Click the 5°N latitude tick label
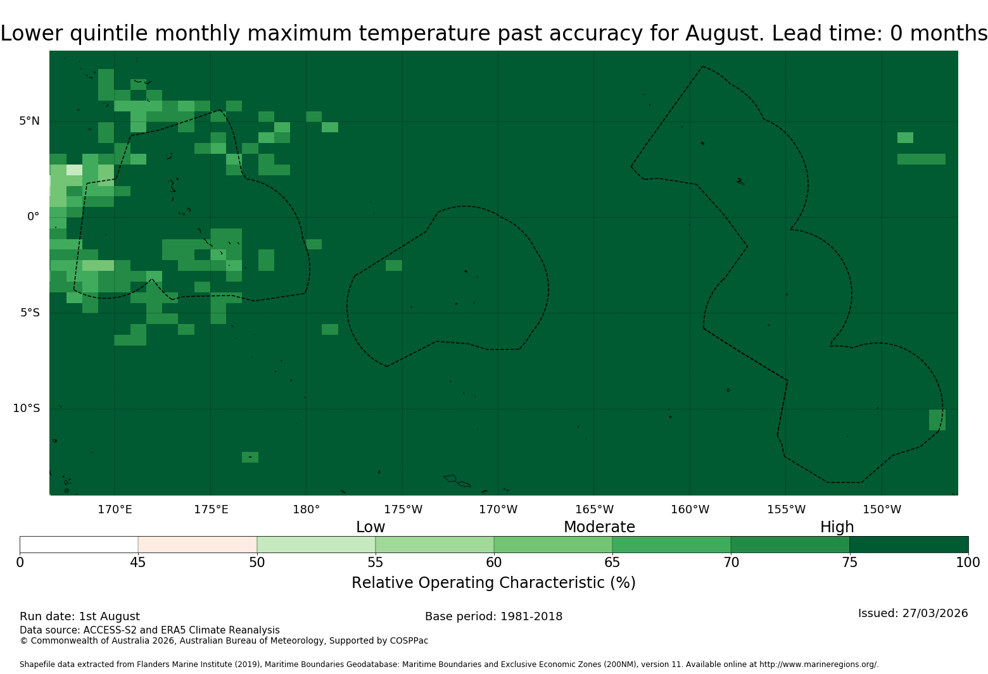pos(29,121)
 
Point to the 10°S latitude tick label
pos(27,408)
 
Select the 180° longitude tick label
pos(306,509)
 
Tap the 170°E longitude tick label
pos(115,509)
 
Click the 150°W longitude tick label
pos(882,509)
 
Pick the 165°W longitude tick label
pos(594,509)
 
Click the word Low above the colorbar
pos(370,527)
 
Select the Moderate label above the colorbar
pos(599,527)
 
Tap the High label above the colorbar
pos(837,527)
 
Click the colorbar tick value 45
pos(138,563)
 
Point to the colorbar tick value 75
pos(849,563)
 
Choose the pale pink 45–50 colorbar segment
pos(198,545)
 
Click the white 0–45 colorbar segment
pos(79,545)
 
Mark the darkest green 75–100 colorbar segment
pos(909,545)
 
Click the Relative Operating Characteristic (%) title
pos(493,583)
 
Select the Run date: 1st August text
pos(80,616)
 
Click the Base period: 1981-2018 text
pos(493,616)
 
